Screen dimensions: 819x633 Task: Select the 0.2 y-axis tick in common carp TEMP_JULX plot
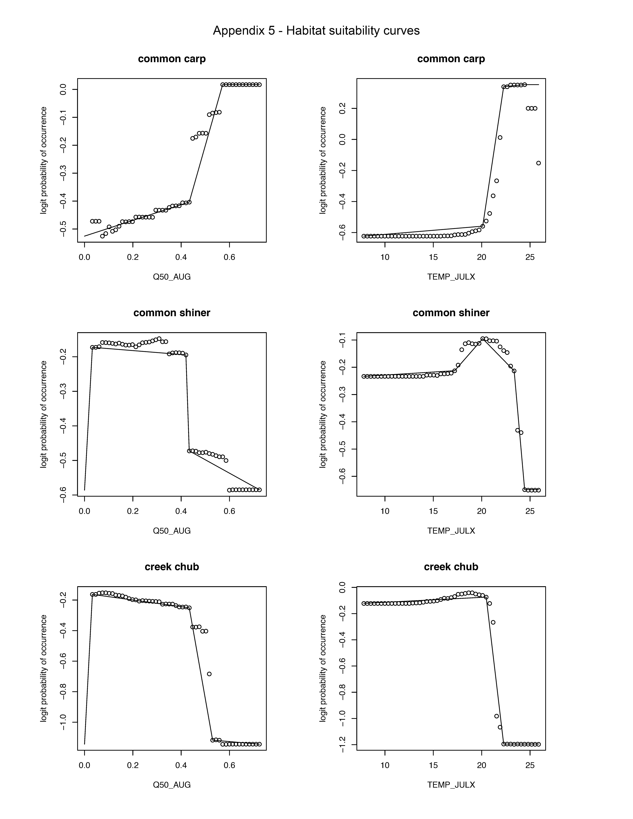coord(342,109)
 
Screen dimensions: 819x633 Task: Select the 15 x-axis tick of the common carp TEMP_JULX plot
coord(433,257)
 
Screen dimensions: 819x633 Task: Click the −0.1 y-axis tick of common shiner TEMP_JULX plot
coord(342,340)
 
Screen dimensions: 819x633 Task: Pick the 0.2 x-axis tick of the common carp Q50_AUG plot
coord(133,257)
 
